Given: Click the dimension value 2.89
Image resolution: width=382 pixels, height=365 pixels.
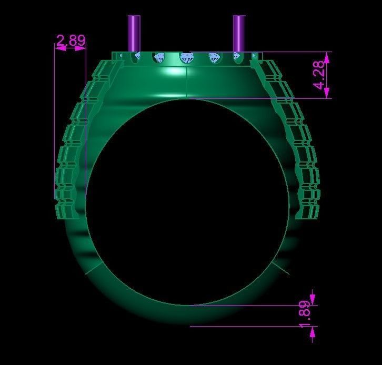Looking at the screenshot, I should click(70, 40).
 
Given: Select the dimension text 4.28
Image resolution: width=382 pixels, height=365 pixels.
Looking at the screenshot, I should click(319, 75).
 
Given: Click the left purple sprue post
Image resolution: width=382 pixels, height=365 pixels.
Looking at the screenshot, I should click(134, 33).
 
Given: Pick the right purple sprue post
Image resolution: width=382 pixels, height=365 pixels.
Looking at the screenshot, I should click(239, 33).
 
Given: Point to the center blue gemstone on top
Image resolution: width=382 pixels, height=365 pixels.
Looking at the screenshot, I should click(186, 57).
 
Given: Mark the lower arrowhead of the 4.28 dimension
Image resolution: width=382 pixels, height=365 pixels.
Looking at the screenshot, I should click(327, 93).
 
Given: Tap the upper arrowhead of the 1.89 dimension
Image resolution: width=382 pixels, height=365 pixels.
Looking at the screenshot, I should click(314, 299).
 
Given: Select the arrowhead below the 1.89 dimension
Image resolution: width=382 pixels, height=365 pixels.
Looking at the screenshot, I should click(314, 332).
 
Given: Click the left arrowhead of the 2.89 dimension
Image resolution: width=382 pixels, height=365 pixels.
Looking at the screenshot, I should click(60, 48).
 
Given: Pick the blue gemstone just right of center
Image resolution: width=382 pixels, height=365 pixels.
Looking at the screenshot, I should click(214, 57).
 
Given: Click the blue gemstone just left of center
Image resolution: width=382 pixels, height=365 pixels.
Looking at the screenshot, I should click(158, 57).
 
